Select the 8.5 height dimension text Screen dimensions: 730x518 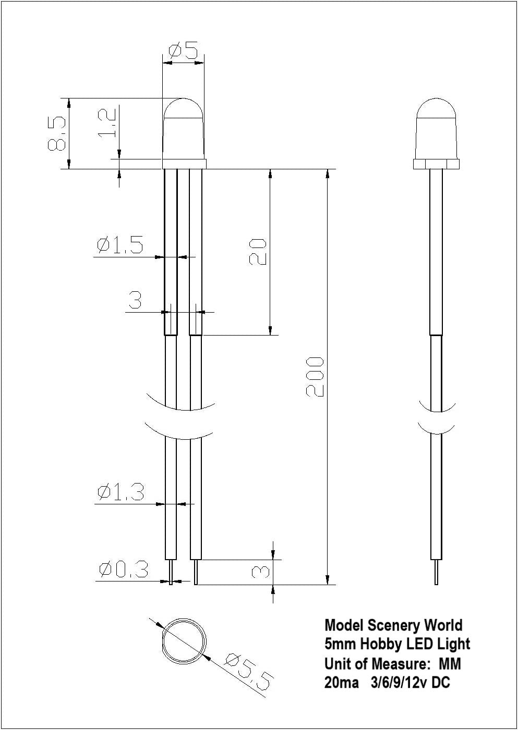[x=57, y=133]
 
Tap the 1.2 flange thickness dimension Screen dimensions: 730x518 [x=107, y=123]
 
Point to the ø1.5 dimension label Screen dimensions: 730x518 [x=119, y=245]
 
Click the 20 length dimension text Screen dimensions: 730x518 [x=258, y=252]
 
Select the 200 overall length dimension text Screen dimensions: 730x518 [x=315, y=376]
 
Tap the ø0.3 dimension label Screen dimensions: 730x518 [x=123, y=571]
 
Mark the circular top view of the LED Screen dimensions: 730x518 [x=184, y=641]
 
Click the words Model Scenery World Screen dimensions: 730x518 [x=393, y=625]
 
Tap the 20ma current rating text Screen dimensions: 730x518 [x=341, y=683]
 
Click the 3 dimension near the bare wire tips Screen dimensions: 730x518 [x=260, y=572]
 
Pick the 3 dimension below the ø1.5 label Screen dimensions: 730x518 [x=135, y=300]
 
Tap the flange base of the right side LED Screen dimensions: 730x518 [x=436, y=164]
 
